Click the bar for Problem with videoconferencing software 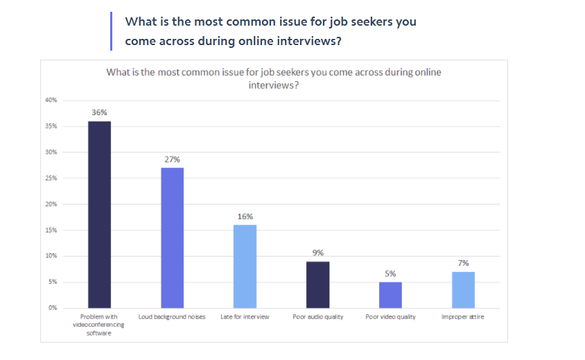click(99, 214)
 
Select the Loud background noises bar click(172, 237)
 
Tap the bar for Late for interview click(245, 266)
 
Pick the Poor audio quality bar click(317, 284)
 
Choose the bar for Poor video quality click(390, 295)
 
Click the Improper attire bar click(463, 289)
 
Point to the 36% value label click(99, 112)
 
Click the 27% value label click(172, 159)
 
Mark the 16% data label click(245, 216)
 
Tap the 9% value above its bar click(317, 252)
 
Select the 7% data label click(463, 263)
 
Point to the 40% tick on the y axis click(51, 101)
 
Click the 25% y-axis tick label click(51, 178)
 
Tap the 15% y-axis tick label click(51, 230)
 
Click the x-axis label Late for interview click(245, 317)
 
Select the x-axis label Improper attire click(463, 317)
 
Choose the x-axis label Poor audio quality click(317, 317)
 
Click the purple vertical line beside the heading click(111, 31)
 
